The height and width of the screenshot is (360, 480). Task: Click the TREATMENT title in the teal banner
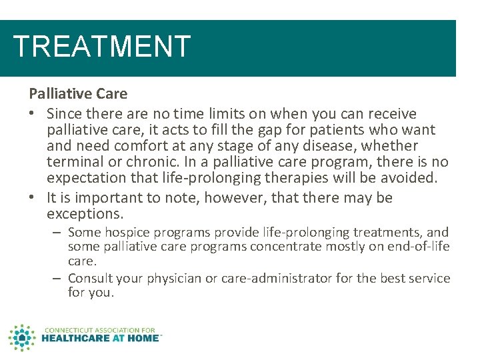pos(102,47)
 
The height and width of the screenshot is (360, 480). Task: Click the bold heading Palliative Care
pos(78,93)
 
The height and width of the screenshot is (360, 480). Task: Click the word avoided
pos(411,178)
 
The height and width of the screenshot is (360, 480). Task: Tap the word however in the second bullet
pos(234,198)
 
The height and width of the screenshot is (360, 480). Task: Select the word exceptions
pos(85,214)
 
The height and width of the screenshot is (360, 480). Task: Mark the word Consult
pos(90,278)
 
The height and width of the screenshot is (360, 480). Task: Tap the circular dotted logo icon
pos(22,337)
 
